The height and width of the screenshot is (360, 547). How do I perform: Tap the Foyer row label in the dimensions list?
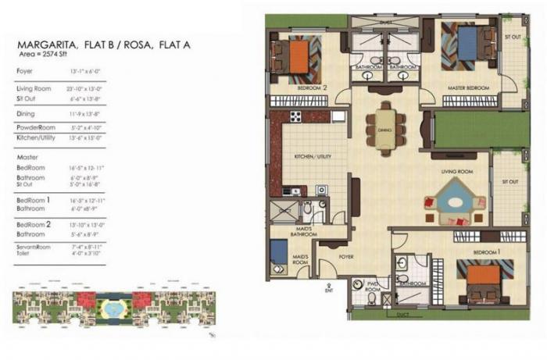25,72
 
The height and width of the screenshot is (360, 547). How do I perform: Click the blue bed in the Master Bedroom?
467,43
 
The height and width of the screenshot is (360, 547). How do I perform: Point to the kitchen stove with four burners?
296,118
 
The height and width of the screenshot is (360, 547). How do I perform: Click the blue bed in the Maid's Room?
278,252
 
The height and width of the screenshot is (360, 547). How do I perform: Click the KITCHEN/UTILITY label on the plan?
313,156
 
